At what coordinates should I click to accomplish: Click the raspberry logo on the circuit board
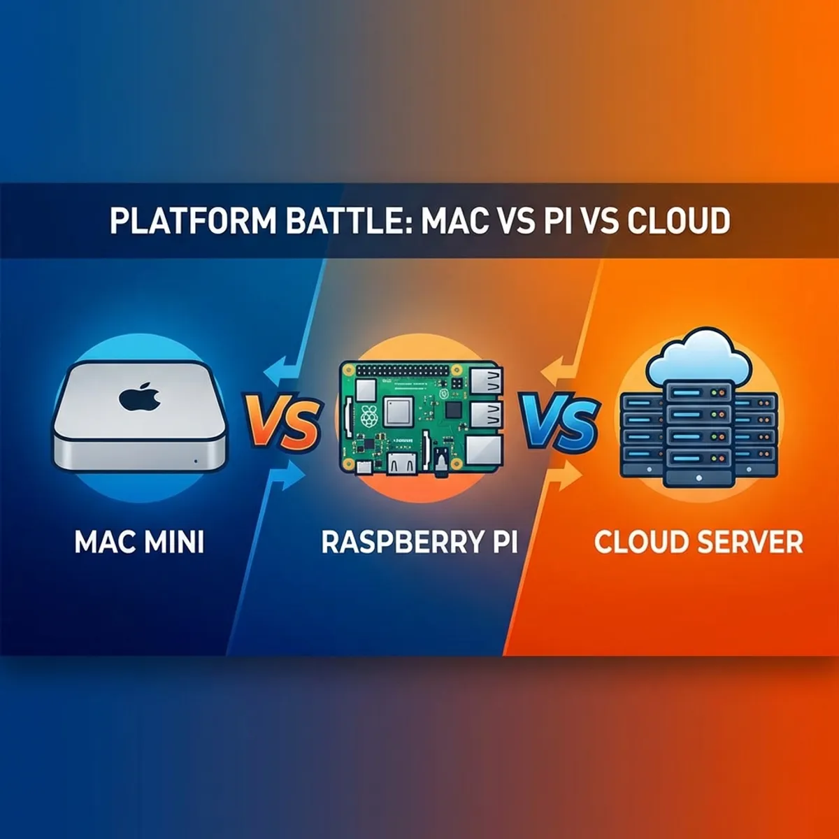(370, 414)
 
